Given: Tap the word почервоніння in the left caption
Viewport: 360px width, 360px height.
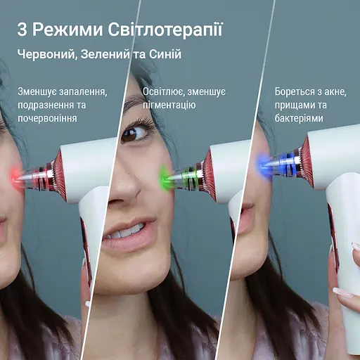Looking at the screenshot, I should click(x=49, y=119).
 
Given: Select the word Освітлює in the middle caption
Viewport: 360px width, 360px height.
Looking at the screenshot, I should click(x=165, y=92).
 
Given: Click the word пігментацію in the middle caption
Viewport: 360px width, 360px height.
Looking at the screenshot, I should click(x=170, y=105).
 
